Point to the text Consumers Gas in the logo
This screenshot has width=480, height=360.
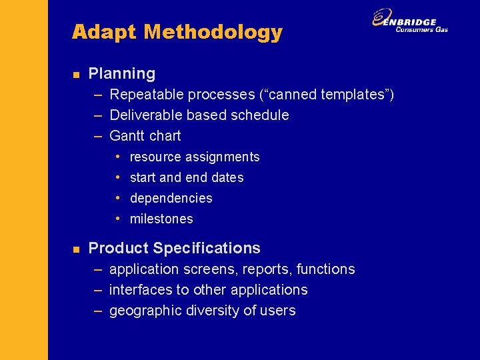[x=421, y=30]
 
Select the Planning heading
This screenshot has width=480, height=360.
[x=121, y=74]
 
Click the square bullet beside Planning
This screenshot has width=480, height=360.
[x=76, y=75]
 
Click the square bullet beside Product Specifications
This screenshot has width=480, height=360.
[x=76, y=249]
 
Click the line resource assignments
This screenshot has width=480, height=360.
[x=195, y=157]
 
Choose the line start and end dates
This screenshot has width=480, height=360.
[x=187, y=178]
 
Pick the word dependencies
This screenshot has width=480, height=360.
[x=171, y=199]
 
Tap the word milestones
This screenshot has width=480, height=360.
[x=161, y=219]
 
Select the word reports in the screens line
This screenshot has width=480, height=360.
[x=269, y=270]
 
